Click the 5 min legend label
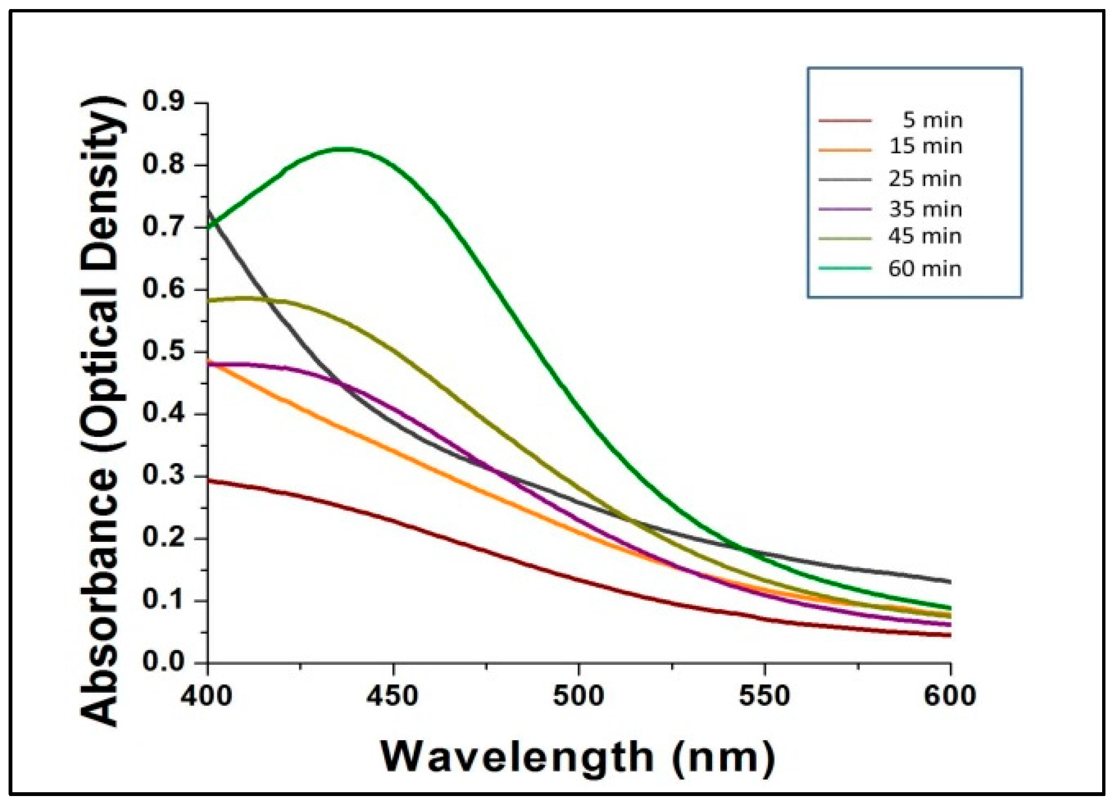[x=932, y=121]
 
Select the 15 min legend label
[x=925, y=146]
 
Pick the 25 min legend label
[x=925, y=179]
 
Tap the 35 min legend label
[x=925, y=210]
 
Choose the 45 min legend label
[x=925, y=237]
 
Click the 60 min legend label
[x=925, y=269]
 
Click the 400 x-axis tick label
[x=207, y=696]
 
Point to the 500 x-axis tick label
[x=579, y=696]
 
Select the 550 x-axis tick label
[x=765, y=696]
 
